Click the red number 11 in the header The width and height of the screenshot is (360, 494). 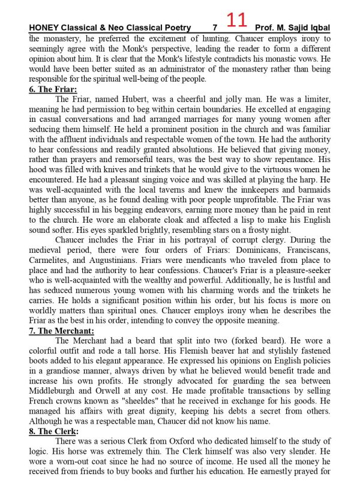click(x=237, y=22)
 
